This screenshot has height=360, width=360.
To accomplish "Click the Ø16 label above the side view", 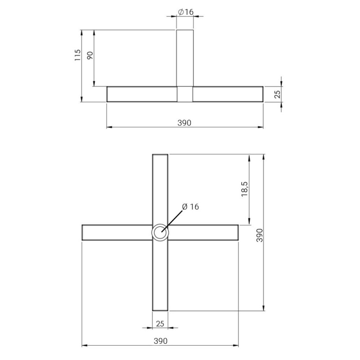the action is click(185, 12).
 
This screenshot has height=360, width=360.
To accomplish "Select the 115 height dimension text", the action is click(77, 55).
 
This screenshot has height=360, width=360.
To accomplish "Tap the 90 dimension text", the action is click(90, 55).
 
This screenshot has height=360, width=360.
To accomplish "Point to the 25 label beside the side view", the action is click(278, 94).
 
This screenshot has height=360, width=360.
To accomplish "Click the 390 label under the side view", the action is click(184, 123).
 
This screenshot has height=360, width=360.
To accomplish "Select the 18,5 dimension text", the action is click(244, 189).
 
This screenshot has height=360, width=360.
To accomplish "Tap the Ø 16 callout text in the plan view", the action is click(190, 207).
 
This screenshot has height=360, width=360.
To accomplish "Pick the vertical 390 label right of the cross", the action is click(260, 235).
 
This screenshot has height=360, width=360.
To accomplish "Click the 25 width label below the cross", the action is click(160, 324).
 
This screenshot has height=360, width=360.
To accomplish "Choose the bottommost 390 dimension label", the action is click(161, 341).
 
